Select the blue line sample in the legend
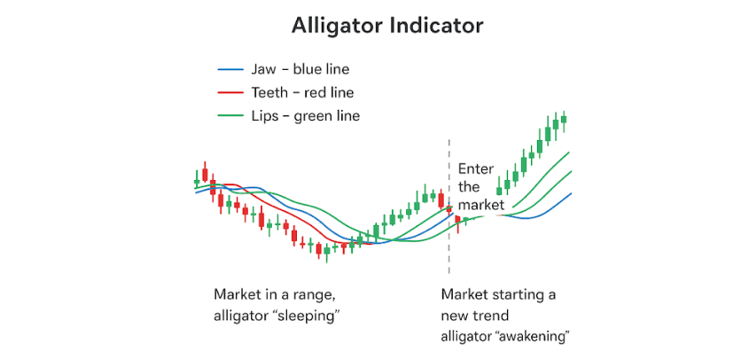(230, 70)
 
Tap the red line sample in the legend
(230, 93)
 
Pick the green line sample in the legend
(230, 115)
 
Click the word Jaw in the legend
(262, 69)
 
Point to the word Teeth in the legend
(269, 92)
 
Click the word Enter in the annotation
(476, 168)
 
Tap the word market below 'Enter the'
(481, 205)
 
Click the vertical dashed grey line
(449, 207)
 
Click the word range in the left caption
(315, 295)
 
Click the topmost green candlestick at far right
(564, 119)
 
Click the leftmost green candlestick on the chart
(197, 180)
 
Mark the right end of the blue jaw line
(572, 193)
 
